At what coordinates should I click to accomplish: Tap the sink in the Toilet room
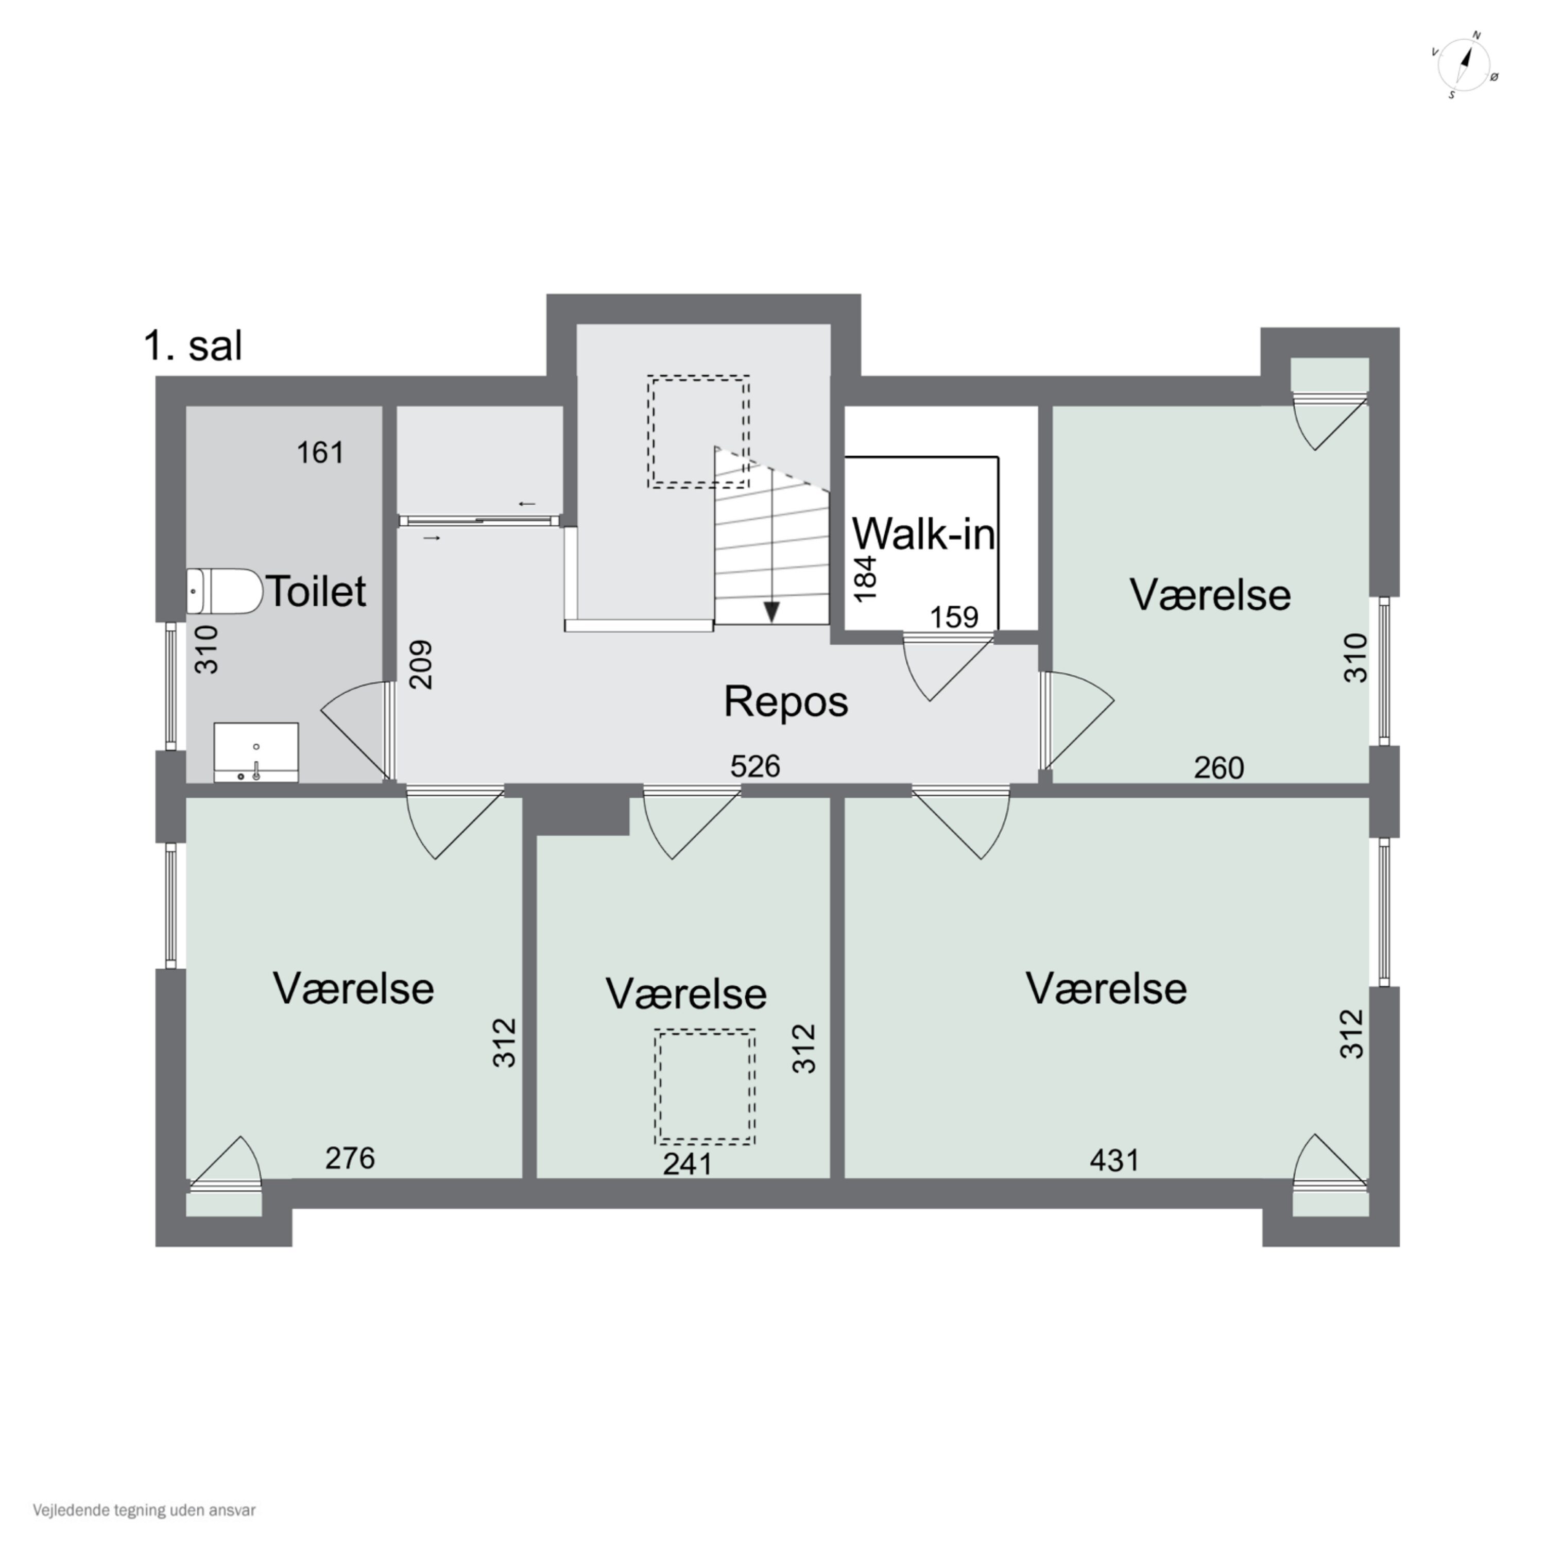pyautogui.click(x=256, y=752)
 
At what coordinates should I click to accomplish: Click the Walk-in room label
pyautogui.click(x=923, y=534)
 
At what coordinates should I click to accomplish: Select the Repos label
pyautogui.click(x=785, y=701)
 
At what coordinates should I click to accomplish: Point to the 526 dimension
pyautogui.click(x=755, y=766)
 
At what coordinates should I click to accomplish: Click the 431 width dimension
pyautogui.click(x=1114, y=1160)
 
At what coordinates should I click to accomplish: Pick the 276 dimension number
pyautogui.click(x=350, y=1157)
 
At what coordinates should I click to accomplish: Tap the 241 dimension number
pyautogui.click(x=688, y=1163)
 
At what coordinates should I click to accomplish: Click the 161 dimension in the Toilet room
pyautogui.click(x=321, y=453)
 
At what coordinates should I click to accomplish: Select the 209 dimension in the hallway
pyautogui.click(x=421, y=664)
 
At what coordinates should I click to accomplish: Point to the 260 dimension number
pyautogui.click(x=1218, y=768)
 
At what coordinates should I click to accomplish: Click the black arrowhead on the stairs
pyautogui.click(x=771, y=612)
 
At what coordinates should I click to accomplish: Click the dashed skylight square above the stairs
pyautogui.click(x=699, y=431)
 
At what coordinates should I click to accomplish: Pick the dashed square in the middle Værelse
pyautogui.click(x=705, y=1087)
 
